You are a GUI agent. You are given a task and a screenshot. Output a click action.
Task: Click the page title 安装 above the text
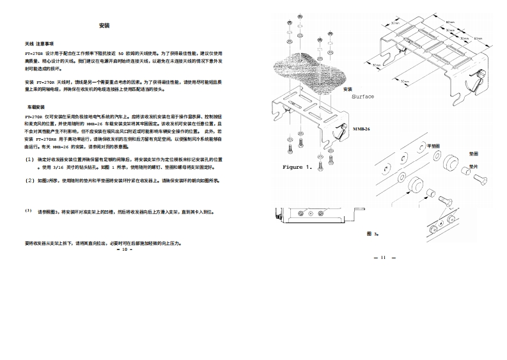[105, 26]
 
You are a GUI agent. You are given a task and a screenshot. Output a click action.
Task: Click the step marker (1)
[29, 158]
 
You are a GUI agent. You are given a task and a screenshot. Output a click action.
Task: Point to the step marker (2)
[29, 180]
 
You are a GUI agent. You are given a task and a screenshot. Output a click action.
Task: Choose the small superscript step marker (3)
[28, 210]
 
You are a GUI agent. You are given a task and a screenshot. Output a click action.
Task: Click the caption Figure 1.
[297, 167]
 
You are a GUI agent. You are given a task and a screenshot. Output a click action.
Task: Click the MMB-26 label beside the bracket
[363, 128]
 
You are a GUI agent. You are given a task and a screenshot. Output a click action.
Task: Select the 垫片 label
[474, 166]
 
